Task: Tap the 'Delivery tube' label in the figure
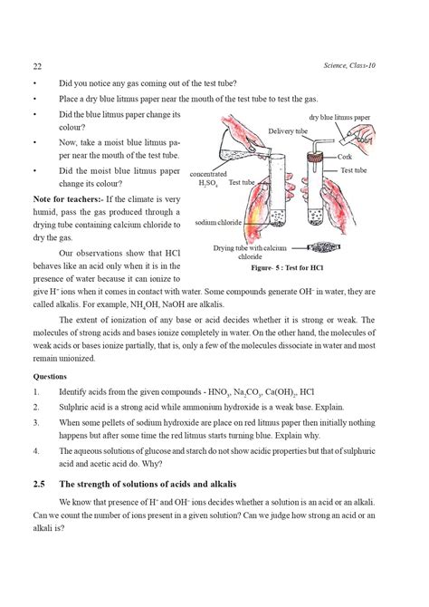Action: tap(288, 132)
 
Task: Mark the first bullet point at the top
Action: tap(33, 82)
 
